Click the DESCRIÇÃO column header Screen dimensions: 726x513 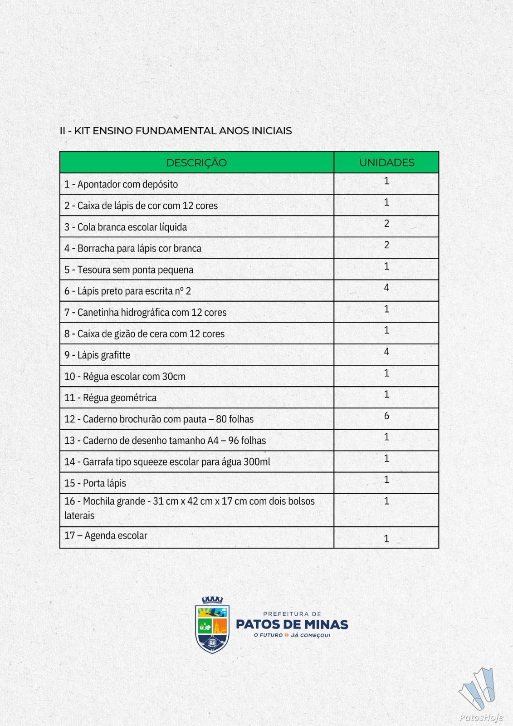point(196,162)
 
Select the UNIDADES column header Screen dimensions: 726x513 point(386,162)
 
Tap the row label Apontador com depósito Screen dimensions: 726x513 point(121,184)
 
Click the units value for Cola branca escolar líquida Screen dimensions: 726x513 point(386,224)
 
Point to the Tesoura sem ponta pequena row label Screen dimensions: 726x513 point(129,270)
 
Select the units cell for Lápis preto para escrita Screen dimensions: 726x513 point(386,288)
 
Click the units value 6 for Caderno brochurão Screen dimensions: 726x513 point(386,416)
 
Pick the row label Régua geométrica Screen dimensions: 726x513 point(111,397)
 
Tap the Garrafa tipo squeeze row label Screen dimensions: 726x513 point(167,462)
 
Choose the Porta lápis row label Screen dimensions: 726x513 point(95,483)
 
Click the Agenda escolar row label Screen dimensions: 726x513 point(106,535)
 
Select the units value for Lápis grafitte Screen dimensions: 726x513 point(386,352)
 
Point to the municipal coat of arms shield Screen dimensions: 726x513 point(212,625)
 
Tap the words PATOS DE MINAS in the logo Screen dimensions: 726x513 point(292,624)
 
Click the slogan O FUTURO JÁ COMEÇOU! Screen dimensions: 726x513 point(292,635)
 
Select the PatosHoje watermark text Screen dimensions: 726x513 point(481,717)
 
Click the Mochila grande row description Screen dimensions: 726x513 point(189,508)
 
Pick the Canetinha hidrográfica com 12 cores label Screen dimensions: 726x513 point(145,312)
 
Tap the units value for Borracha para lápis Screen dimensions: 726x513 point(386,245)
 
